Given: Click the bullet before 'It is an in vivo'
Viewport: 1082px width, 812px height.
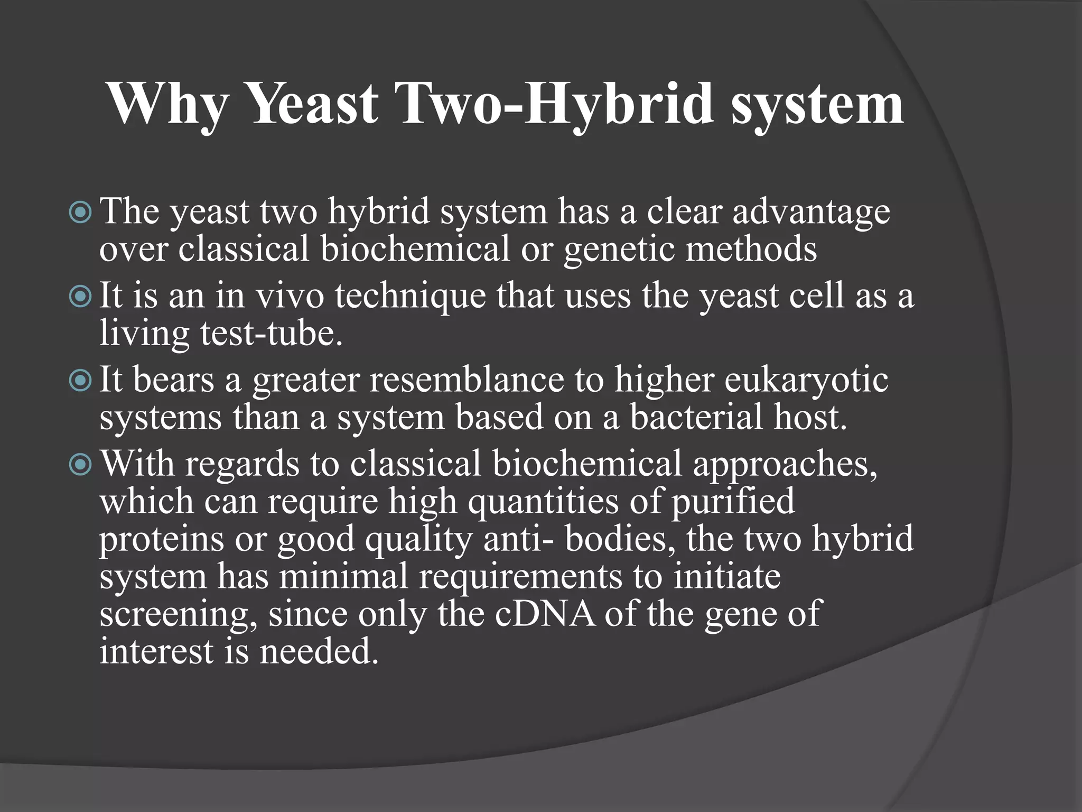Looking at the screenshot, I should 80,297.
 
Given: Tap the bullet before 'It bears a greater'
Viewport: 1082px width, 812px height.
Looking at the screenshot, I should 80,380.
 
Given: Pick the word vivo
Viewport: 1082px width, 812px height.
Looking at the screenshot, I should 290,296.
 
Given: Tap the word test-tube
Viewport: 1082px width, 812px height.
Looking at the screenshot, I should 271,334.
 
